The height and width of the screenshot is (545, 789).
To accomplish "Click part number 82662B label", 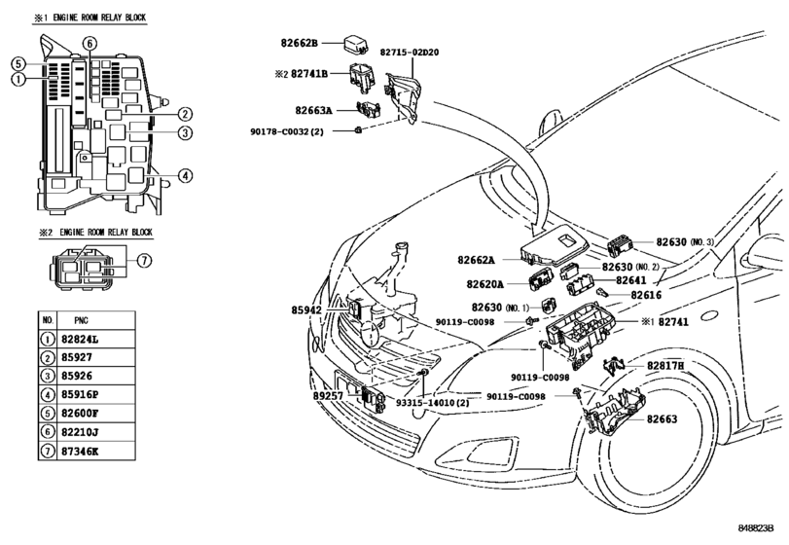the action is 299,43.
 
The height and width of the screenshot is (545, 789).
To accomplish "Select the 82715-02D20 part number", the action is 409,52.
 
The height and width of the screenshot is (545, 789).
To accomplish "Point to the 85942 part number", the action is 305,310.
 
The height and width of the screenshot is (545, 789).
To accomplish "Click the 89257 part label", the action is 328,396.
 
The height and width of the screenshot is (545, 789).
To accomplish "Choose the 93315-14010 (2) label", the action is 432,403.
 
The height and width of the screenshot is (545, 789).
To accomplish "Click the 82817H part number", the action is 665,366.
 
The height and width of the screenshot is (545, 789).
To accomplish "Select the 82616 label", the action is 646,295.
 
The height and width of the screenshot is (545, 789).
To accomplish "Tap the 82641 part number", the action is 631,280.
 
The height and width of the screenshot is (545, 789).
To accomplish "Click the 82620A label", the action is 484,284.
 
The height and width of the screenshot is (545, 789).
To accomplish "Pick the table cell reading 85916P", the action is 80,394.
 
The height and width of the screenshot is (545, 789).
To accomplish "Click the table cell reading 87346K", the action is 80,451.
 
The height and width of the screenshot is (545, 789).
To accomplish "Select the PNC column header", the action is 81,320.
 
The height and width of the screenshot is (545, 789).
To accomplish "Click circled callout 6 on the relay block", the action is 90,44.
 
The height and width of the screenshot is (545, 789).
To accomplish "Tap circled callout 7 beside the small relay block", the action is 144,261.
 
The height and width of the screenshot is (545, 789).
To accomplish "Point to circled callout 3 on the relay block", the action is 185,133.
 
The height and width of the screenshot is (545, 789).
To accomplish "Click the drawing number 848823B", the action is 755,528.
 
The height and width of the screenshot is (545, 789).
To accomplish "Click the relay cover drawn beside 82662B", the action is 356,43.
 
